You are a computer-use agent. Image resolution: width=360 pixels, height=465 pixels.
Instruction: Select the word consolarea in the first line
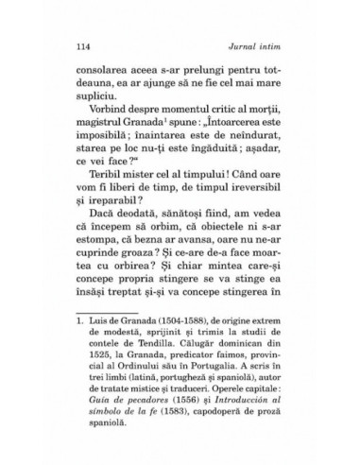coord(103,72)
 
